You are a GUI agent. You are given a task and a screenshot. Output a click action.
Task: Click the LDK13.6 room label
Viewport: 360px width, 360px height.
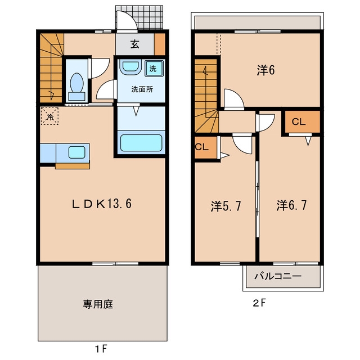(x=102, y=204)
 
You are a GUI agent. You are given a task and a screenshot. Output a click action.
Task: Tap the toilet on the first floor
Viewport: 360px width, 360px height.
(x=76, y=87)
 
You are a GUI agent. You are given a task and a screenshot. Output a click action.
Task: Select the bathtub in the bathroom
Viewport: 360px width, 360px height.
(x=141, y=142)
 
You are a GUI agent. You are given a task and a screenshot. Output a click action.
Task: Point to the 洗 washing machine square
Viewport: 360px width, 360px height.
(x=154, y=69)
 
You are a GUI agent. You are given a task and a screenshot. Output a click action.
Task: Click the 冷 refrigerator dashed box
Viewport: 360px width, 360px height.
(x=49, y=116)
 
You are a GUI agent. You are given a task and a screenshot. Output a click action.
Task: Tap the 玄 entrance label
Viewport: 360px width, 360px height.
(x=135, y=44)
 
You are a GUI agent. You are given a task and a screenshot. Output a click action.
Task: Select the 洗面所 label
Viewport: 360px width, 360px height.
(x=142, y=89)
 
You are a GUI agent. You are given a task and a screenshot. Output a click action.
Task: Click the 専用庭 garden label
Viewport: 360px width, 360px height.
(x=98, y=304)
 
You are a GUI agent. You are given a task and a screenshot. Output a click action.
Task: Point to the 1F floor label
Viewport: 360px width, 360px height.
(x=101, y=349)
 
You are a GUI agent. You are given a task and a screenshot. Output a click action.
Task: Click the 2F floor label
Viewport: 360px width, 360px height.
(x=259, y=304)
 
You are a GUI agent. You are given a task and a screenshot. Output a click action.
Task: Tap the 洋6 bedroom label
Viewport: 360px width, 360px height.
(x=265, y=70)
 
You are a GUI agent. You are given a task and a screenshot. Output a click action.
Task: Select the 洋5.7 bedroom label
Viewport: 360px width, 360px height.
(x=226, y=206)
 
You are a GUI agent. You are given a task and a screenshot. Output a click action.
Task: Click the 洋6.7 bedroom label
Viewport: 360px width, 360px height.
(x=291, y=205)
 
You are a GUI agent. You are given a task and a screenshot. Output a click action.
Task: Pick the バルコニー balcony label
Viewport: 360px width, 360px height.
(x=277, y=276)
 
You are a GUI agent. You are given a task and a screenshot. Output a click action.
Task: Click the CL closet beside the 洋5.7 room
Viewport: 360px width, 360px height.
(x=206, y=147)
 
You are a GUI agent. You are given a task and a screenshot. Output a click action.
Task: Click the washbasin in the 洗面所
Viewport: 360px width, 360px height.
(x=130, y=67)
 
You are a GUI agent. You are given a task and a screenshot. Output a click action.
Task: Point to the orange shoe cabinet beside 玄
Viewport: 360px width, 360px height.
(x=160, y=44)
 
